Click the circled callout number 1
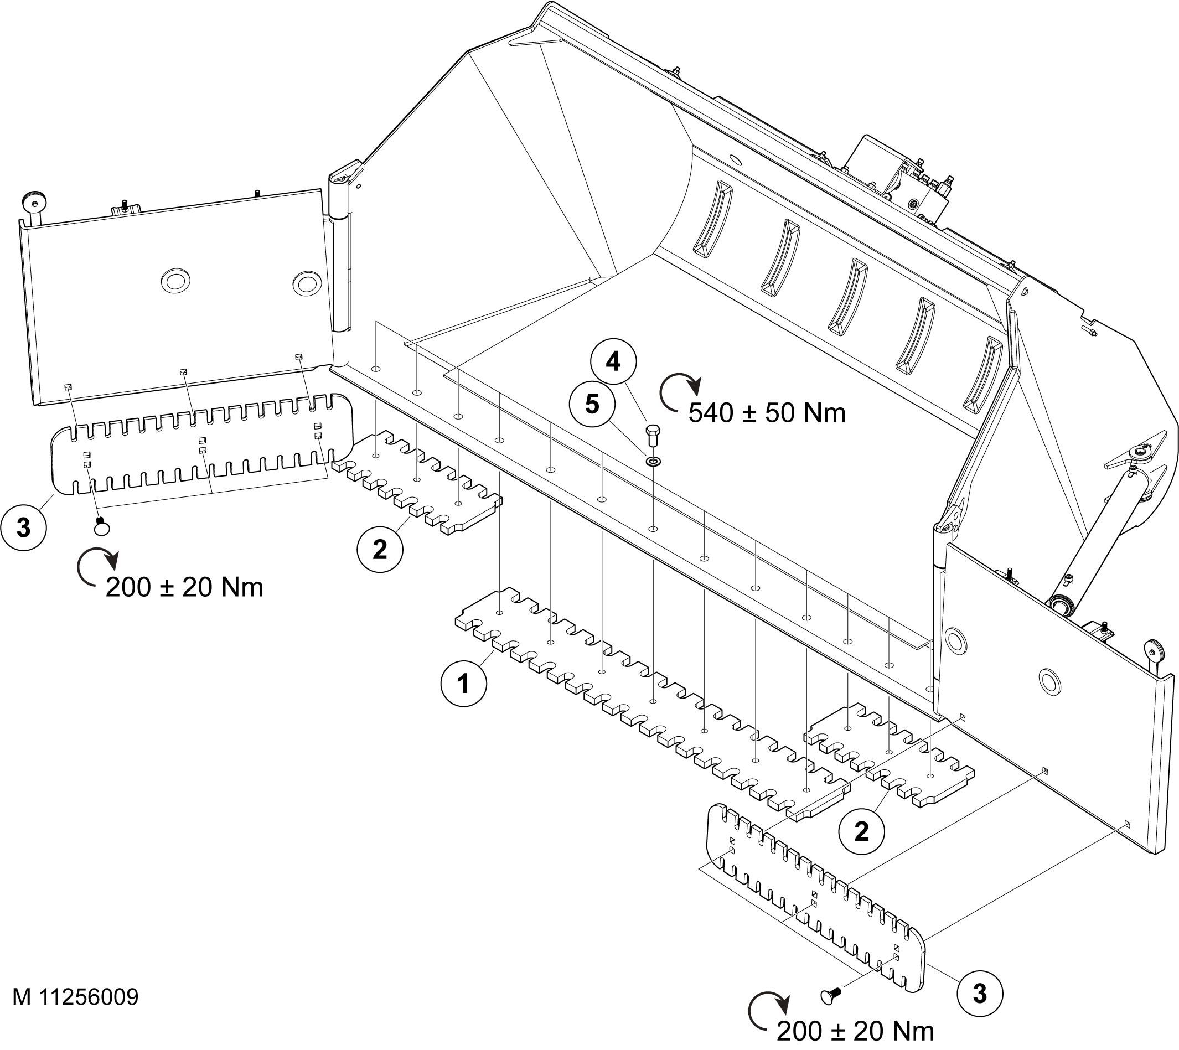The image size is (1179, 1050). pyautogui.click(x=463, y=684)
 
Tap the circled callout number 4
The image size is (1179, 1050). pyautogui.click(x=613, y=362)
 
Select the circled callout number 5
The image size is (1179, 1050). pyautogui.click(x=592, y=404)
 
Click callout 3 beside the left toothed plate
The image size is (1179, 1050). pyautogui.click(x=23, y=527)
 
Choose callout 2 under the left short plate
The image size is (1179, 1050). pyautogui.click(x=380, y=549)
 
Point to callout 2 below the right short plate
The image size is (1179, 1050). pyautogui.click(x=861, y=831)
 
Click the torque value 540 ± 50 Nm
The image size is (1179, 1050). pyautogui.click(x=767, y=413)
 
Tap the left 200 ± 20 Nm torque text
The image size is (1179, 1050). pyautogui.click(x=184, y=587)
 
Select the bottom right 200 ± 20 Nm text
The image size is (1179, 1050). pyautogui.click(x=855, y=1031)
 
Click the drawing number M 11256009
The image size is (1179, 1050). pyautogui.click(x=76, y=997)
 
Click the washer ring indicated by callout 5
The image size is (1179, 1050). pyautogui.click(x=654, y=461)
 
